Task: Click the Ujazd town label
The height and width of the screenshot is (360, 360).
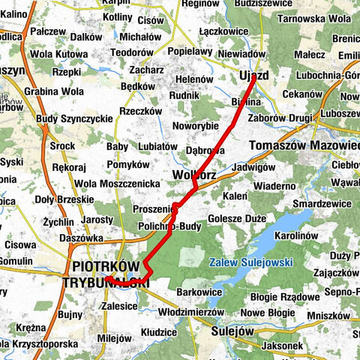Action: pos(255,77)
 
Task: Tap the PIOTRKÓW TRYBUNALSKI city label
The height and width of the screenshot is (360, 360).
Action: pos(110,274)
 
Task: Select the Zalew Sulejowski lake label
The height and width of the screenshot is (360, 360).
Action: pos(251,262)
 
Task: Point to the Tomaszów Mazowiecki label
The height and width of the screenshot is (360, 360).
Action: pos(304,144)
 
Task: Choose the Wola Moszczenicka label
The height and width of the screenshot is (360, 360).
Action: pos(118,183)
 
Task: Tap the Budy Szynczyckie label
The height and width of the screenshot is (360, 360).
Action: pos(74,118)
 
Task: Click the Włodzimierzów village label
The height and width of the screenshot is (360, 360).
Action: pos(192,310)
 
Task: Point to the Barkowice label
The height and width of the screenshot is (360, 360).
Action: pos(199,292)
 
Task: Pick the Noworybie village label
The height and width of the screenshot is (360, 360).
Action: pos(198,125)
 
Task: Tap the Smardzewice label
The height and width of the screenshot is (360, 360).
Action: pos(322,202)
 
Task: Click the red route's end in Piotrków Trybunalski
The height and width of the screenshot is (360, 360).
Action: pos(106,277)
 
